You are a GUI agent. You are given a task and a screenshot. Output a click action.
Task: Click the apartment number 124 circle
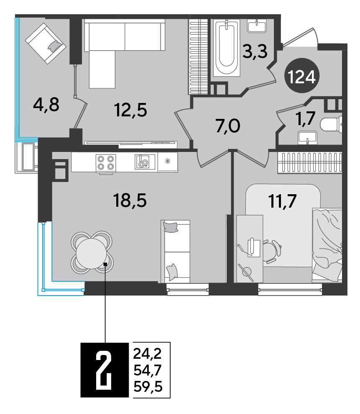[302, 75]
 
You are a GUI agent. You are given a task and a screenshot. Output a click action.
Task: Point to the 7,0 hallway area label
[228, 126]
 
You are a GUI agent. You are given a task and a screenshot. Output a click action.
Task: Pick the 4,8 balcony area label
[46, 104]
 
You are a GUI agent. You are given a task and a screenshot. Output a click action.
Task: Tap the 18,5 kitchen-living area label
[130, 201]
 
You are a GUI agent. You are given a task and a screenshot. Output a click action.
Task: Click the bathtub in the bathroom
[227, 48]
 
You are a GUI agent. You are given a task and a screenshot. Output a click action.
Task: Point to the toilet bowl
[331, 124]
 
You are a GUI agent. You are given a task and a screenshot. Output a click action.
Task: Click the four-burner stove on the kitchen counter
[106, 163]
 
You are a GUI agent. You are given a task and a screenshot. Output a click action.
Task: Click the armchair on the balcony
[45, 43]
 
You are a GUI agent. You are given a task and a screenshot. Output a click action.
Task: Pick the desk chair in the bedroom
[272, 251]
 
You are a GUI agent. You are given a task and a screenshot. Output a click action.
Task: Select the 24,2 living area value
[147, 354]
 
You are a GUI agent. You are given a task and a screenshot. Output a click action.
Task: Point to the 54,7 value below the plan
[148, 370]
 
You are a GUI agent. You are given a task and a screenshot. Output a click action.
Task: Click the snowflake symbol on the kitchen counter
[168, 161]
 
